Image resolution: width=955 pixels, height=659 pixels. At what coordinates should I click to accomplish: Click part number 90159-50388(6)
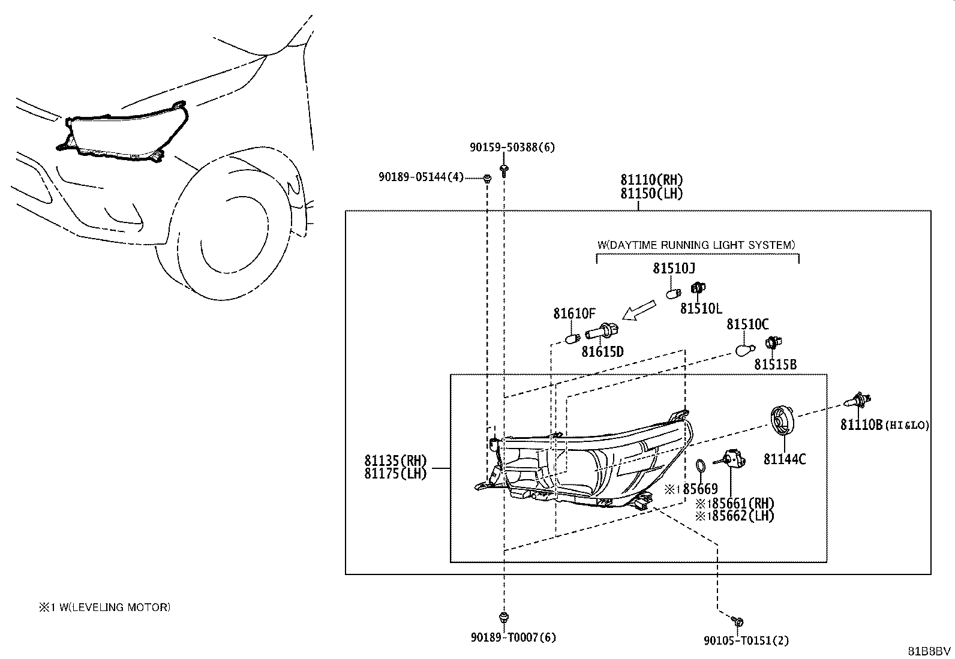(x=512, y=148)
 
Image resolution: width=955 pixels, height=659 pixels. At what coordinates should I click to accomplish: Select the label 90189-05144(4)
(x=421, y=176)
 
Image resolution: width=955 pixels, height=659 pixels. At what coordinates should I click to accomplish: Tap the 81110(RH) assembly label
(x=651, y=180)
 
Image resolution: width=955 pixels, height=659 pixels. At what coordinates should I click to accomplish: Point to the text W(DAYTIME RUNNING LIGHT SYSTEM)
(x=696, y=245)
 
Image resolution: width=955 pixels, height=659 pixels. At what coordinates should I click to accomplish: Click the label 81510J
(x=674, y=268)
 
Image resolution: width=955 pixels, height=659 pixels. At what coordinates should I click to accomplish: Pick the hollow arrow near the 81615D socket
(x=639, y=310)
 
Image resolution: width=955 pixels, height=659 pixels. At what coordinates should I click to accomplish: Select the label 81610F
(x=574, y=314)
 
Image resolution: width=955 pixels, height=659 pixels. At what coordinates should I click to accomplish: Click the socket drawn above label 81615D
(x=602, y=331)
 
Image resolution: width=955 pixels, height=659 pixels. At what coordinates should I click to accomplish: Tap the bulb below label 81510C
(x=745, y=350)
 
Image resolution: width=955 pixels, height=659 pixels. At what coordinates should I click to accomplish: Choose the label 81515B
(x=775, y=365)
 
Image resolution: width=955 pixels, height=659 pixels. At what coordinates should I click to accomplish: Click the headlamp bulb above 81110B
(x=858, y=401)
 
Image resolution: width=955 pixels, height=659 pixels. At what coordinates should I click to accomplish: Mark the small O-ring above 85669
(x=701, y=467)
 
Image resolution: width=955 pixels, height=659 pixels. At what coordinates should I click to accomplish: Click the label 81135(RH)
(x=395, y=461)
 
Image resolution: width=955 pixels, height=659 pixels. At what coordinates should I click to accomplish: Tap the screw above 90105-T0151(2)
(x=737, y=621)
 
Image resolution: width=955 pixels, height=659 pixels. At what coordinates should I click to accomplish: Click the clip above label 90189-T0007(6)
(x=504, y=617)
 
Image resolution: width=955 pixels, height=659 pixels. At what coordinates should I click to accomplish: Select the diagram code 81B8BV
(x=929, y=651)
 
